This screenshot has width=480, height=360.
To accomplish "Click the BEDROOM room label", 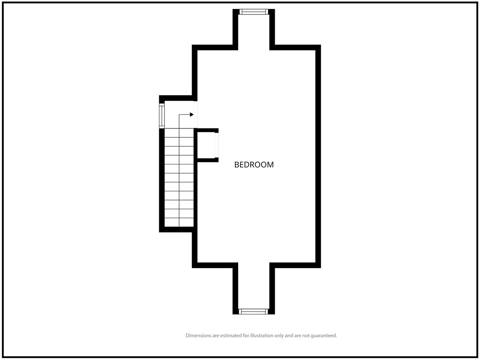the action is coord(254,165).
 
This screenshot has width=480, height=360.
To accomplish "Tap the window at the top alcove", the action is coord(254,12).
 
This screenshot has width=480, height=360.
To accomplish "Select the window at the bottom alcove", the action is coord(254,312).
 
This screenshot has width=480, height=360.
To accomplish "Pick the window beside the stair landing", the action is coord(162,116).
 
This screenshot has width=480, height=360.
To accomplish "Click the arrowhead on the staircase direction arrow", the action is coord(192,114).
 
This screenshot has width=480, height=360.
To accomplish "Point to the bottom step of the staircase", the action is coord(179,223).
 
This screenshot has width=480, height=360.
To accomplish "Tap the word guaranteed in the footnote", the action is coord(324,336).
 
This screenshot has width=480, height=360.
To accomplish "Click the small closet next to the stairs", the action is coord(206,145).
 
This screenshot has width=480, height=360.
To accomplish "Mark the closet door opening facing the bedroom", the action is coord(217,145).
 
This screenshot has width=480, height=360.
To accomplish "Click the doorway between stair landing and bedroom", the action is coord(195,114).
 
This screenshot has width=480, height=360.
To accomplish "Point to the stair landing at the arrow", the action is coord(179,114).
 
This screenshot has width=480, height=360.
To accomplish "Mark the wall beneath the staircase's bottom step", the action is coord(177,230).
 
